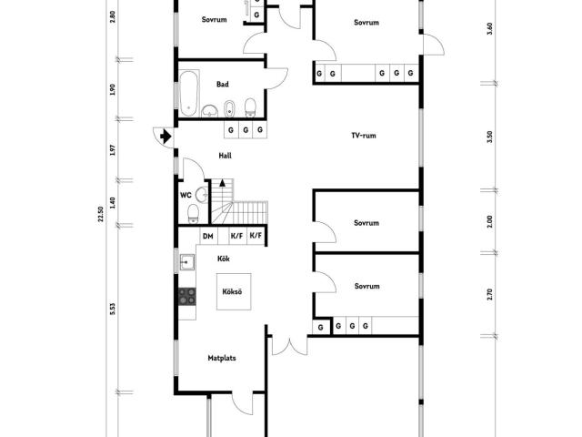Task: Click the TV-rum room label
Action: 364,136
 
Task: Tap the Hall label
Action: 225,156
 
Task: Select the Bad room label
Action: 222,85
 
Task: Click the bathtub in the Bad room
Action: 189,93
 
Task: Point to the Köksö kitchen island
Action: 234,291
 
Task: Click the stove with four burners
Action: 187,297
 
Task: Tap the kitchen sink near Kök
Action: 187,262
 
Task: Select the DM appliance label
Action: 208,236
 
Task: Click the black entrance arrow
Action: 166,137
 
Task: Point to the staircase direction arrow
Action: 222,182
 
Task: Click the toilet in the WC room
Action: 193,214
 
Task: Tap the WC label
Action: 186,195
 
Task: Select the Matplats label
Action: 222,358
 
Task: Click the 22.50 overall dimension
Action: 101,214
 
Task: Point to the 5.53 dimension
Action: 113,310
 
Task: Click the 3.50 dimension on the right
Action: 489,137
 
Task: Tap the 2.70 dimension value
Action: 489,294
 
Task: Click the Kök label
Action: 224,259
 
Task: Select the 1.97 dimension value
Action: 113,149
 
